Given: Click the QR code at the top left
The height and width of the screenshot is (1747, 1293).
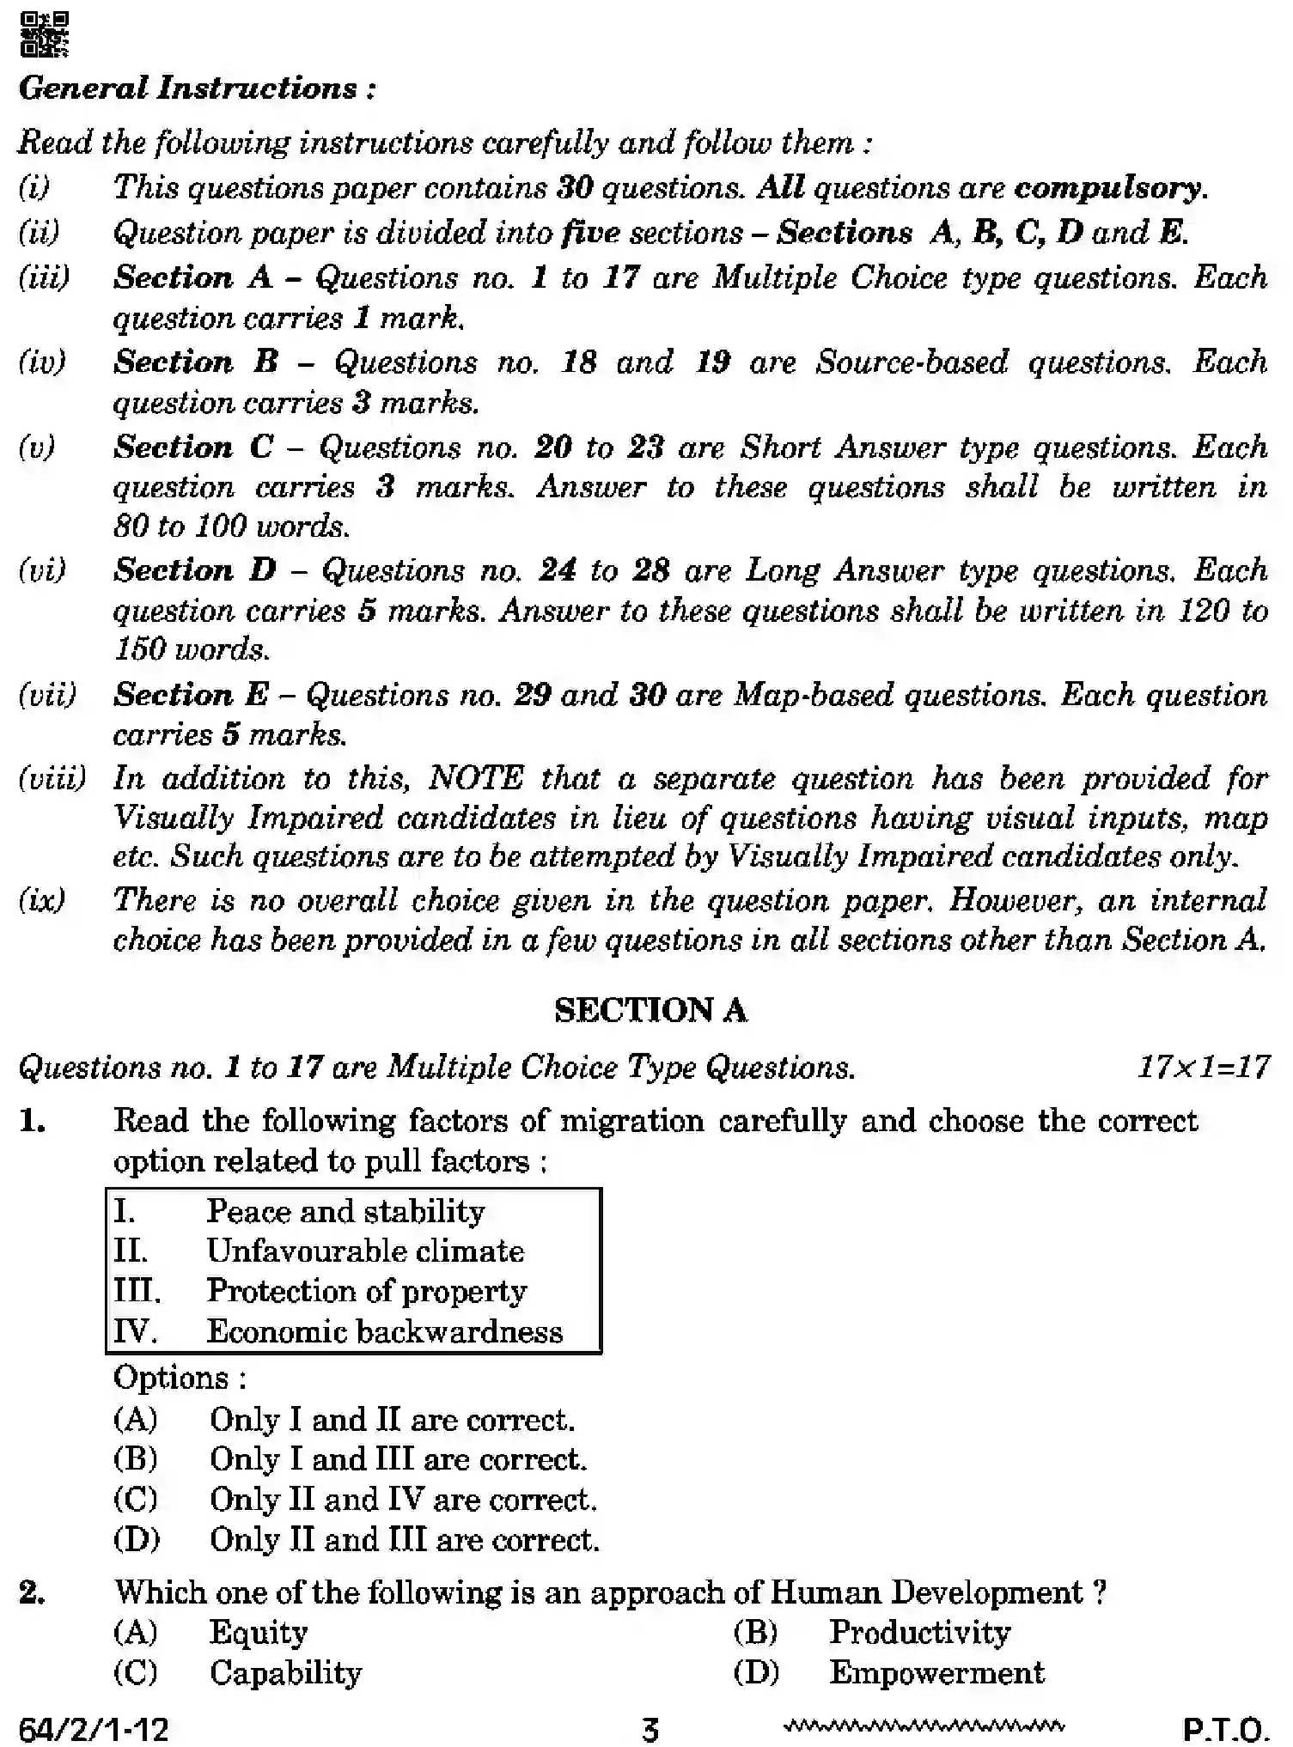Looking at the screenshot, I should pyautogui.click(x=44, y=34).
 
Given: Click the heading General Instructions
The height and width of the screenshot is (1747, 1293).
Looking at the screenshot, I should pyautogui.click(x=197, y=88).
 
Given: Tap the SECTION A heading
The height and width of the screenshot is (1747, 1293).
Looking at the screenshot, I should pyautogui.click(x=650, y=1010).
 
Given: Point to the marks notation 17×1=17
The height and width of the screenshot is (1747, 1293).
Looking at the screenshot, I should pyautogui.click(x=1203, y=1067).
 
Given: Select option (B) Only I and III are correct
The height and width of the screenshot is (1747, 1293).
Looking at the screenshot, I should pyautogui.click(x=398, y=1459).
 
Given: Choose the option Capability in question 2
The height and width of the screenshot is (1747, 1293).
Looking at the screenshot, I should pyautogui.click(x=285, y=1672).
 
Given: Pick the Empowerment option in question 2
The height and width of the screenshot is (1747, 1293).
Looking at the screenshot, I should pyautogui.click(x=936, y=1672).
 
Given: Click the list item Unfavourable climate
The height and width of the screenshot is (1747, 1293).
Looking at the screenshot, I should pyautogui.click(x=365, y=1251).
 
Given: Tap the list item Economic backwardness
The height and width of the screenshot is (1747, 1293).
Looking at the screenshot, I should pyautogui.click(x=384, y=1331).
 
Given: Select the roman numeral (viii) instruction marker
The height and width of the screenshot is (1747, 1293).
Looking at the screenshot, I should pyautogui.click(x=52, y=778).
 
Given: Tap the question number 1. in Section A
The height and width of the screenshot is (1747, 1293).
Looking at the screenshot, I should pyautogui.click(x=33, y=1120).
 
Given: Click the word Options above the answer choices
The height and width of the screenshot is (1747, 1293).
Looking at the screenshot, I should pyautogui.click(x=179, y=1378).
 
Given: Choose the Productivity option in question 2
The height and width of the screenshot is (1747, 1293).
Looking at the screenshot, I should pyautogui.click(x=919, y=1632).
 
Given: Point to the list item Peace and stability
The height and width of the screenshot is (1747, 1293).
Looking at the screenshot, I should pyautogui.click(x=345, y=1211).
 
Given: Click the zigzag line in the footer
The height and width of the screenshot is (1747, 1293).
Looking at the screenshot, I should pyautogui.click(x=924, y=1726).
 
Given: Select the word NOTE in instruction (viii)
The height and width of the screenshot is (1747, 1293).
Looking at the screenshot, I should pyautogui.click(x=475, y=778).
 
